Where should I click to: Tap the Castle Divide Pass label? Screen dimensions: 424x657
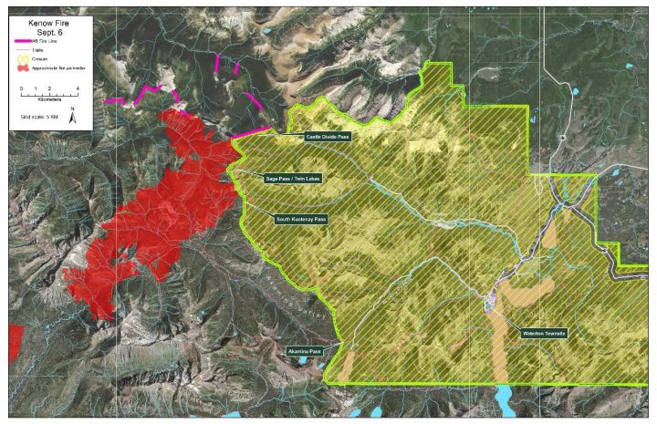point(328,136)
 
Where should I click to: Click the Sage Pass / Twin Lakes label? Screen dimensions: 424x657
point(292,178)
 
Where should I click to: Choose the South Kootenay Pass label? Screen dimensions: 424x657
point(300,219)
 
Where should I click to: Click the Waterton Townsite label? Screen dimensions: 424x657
point(544,334)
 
